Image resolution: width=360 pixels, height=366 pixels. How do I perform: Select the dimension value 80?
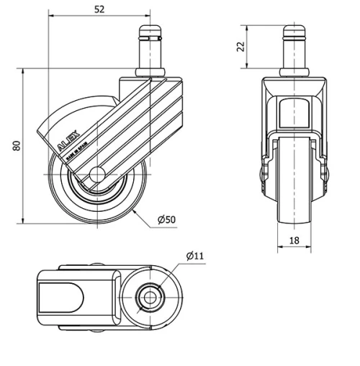(x=15, y=146)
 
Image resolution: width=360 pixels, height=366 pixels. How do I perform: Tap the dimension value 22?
(x=242, y=46)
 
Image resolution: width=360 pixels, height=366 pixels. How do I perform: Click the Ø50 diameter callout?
(x=166, y=219)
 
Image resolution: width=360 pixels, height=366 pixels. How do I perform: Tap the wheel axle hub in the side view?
(x=97, y=174)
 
